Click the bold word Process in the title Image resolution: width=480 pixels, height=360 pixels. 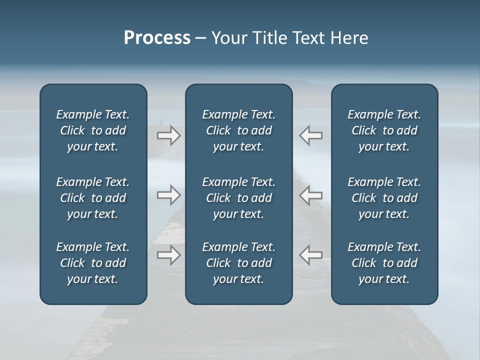point(157,38)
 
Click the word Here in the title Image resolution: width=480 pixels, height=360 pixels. point(348,38)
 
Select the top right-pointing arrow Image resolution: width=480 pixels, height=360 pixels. point(168,135)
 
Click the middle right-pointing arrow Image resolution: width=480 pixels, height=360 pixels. point(168,194)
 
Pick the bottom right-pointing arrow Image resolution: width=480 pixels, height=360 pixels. point(168,255)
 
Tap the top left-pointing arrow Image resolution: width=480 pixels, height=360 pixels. point(311,135)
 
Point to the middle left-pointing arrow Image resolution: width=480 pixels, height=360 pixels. point(311,194)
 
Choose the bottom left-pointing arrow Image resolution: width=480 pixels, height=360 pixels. point(311,255)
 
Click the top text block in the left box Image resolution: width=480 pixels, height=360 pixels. point(93,130)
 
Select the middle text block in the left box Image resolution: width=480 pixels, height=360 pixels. point(93,198)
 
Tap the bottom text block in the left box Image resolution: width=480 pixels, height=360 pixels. point(93,263)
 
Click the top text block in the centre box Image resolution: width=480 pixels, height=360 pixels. point(238,130)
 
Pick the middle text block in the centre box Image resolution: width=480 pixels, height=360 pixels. point(238,198)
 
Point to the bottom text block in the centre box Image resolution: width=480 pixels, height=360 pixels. point(238,263)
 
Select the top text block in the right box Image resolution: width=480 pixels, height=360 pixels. point(384,130)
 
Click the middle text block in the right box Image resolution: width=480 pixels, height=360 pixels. point(384,198)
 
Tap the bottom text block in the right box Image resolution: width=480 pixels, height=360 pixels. point(384,263)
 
